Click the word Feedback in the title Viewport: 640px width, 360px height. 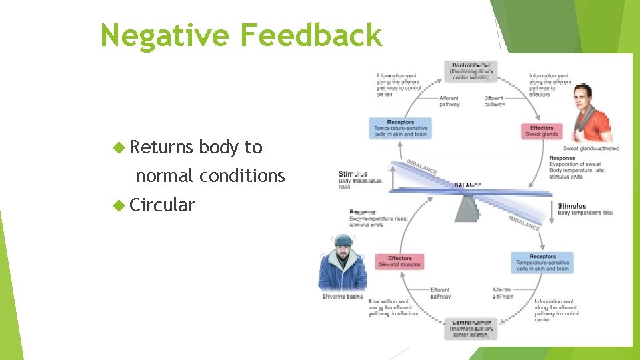(x=311, y=35)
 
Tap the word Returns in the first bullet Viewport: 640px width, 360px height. (x=161, y=147)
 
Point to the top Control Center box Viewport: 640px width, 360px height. (x=471, y=71)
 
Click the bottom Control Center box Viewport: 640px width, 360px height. (x=471, y=329)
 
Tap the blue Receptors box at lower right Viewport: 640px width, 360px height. (x=542, y=263)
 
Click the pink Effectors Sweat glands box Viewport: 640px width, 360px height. (x=541, y=131)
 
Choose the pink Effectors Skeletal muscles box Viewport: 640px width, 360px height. (x=400, y=261)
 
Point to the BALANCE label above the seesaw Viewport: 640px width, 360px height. (x=468, y=185)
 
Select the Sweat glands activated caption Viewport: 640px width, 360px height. (x=591, y=149)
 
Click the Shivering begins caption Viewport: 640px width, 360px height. (x=343, y=296)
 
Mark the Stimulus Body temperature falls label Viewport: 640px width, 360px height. (x=584, y=209)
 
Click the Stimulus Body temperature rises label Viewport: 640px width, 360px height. (x=361, y=178)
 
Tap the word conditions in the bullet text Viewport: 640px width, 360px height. (x=242, y=176)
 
